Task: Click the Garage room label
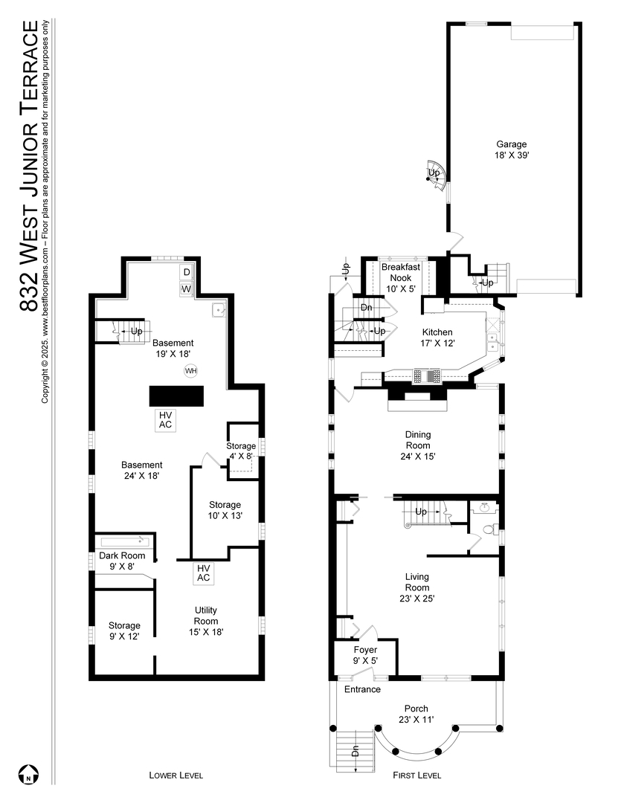tap(512, 149)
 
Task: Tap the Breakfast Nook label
tap(400, 277)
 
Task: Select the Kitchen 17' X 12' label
tap(438, 338)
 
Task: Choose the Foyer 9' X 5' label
tap(365, 654)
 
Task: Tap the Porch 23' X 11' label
tap(416, 713)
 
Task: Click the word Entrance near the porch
tap(362, 689)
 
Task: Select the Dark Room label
tap(121, 560)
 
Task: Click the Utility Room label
tap(205, 620)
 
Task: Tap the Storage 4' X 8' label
tap(241, 451)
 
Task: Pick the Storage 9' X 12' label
tap(124, 631)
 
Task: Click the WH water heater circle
tap(190, 370)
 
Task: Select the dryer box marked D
tap(187, 272)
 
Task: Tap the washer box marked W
tap(187, 288)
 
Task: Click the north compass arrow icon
tap(28, 774)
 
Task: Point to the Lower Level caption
tap(176, 775)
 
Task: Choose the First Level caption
tap(416, 775)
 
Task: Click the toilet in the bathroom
tap(489, 530)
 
